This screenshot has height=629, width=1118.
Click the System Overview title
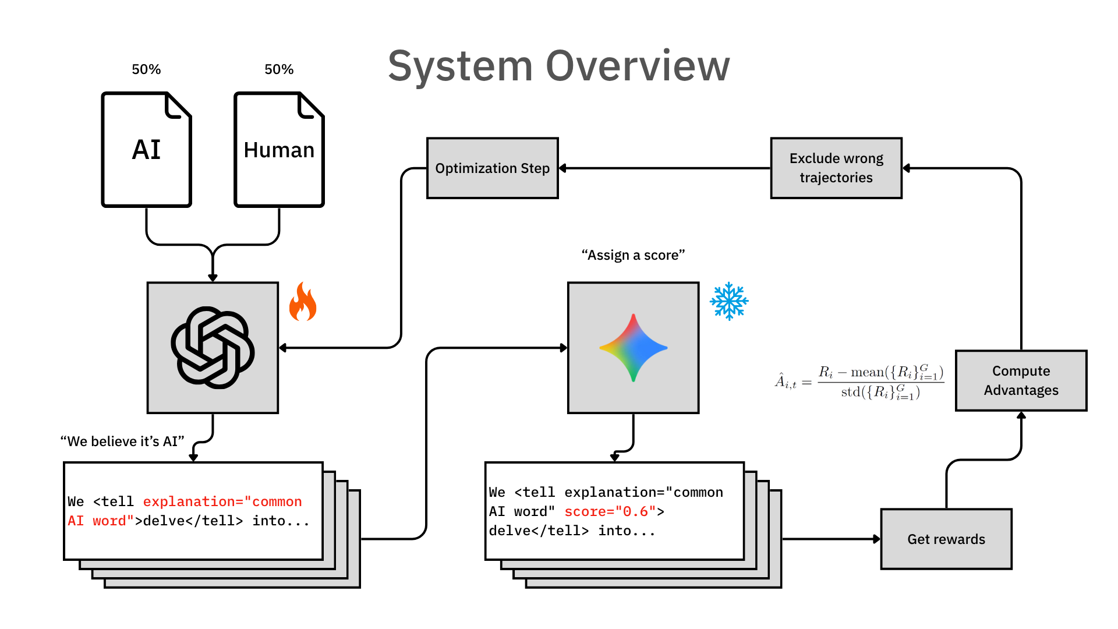(558, 66)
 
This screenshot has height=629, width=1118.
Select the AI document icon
(146, 149)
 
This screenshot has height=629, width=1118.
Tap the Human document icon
(279, 149)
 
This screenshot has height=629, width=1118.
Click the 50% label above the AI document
(146, 69)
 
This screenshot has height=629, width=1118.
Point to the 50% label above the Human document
(279, 69)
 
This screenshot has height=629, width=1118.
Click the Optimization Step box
(493, 168)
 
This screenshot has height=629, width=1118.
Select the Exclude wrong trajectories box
(836, 168)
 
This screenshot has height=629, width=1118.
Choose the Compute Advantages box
(1021, 380)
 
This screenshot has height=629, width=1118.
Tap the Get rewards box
(946, 539)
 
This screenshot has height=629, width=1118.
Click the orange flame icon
(303, 302)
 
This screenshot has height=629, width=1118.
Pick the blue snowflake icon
(729, 301)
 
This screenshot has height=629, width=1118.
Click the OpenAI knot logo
(213, 348)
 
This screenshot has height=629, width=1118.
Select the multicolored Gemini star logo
(634, 348)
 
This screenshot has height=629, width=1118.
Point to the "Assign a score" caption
(633, 255)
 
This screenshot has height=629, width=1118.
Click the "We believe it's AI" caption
(122, 441)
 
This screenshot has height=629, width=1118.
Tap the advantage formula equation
(859, 382)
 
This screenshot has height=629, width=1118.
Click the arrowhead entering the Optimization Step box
(563, 168)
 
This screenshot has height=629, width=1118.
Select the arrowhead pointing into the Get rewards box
(876, 539)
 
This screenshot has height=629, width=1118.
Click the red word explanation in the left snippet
(189, 501)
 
